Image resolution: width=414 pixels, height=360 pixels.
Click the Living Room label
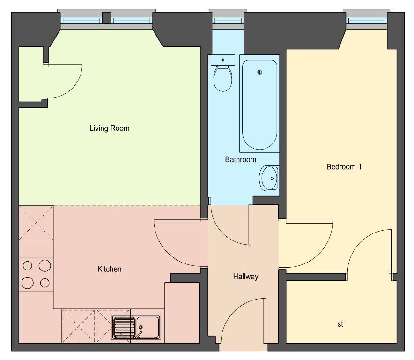[109, 128]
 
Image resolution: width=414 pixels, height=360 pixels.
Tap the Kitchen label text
[109, 269]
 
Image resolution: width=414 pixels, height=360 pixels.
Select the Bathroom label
[241, 159]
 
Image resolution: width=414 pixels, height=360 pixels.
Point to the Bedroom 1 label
[344, 166]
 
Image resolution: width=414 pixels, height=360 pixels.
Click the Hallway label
[245, 277]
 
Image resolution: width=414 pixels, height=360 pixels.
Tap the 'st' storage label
[340, 324]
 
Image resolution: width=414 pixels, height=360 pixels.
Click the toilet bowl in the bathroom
[223, 78]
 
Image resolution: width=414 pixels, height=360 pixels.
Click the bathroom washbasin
[269, 178]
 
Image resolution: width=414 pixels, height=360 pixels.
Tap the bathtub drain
[260, 72]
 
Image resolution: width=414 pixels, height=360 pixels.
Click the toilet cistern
[223, 60]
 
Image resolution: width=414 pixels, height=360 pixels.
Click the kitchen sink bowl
[148, 327]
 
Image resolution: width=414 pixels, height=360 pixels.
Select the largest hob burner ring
[44, 266]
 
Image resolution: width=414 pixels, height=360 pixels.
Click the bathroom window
[228, 21]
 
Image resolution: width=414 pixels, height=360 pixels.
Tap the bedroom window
[366, 21]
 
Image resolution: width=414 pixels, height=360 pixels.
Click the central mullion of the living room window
[107, 18]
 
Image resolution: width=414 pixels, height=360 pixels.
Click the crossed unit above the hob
[36, 223]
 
